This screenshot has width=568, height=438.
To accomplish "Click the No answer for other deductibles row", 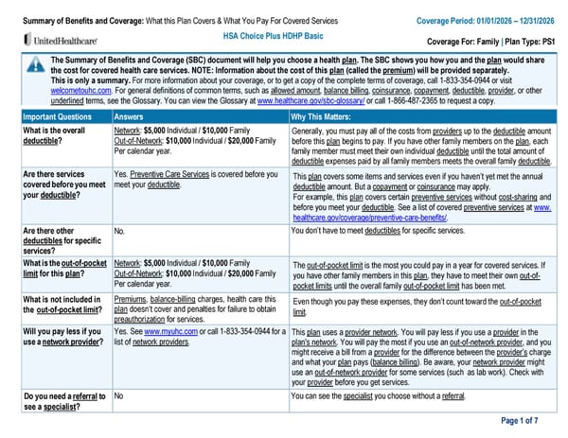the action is [119, 230].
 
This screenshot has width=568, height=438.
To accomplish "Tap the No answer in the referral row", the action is [119, 395].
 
